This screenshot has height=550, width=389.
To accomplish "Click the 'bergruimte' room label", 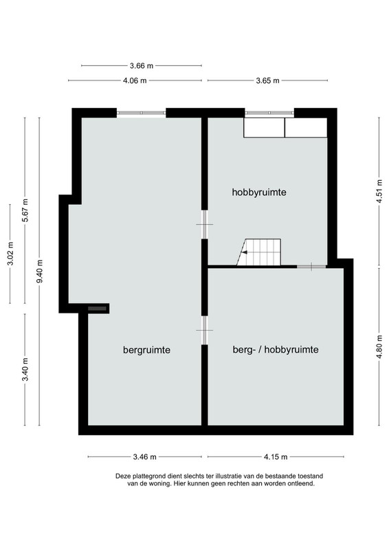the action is (146, 350).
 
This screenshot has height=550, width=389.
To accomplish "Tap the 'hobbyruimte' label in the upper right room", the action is (259, 192).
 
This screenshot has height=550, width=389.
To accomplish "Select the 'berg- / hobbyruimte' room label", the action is (276, 350).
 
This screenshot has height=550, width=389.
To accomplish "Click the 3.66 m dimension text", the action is (142, 65).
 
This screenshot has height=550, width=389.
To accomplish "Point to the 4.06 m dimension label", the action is (135, 80).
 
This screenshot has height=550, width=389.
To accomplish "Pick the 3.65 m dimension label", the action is (267, 80).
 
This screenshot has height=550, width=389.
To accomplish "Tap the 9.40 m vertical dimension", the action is (40, 271).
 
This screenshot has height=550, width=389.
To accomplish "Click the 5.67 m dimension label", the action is (25, 210).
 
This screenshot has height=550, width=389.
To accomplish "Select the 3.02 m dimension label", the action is (10, 254).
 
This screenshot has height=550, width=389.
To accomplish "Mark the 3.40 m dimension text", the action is (25, 369).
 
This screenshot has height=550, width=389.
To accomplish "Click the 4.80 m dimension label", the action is (379, 347).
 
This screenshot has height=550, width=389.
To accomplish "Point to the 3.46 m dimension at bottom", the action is (145, 456).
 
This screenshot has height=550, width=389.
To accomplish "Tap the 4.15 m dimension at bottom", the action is (276, 456).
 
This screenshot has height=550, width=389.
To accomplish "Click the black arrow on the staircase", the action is (245, 252).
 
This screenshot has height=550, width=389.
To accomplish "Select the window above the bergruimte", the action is (141, 113).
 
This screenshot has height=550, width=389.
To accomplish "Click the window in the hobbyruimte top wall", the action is (269, 113).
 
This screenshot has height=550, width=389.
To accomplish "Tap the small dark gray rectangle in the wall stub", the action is (97, 308).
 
